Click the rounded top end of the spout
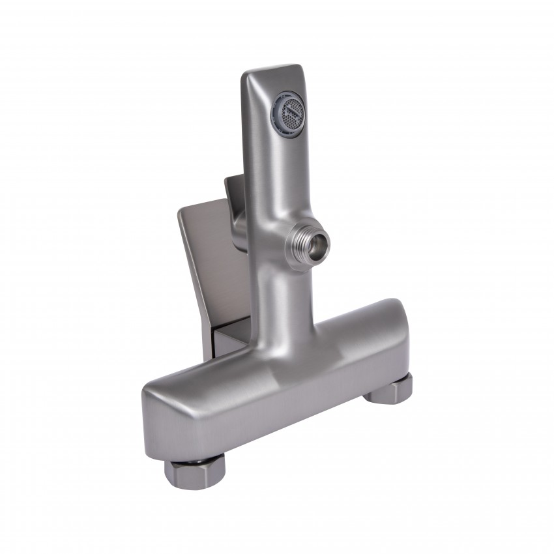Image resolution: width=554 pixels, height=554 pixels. tap(274, 70)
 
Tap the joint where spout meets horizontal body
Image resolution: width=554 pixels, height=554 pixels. tap(287, 326)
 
